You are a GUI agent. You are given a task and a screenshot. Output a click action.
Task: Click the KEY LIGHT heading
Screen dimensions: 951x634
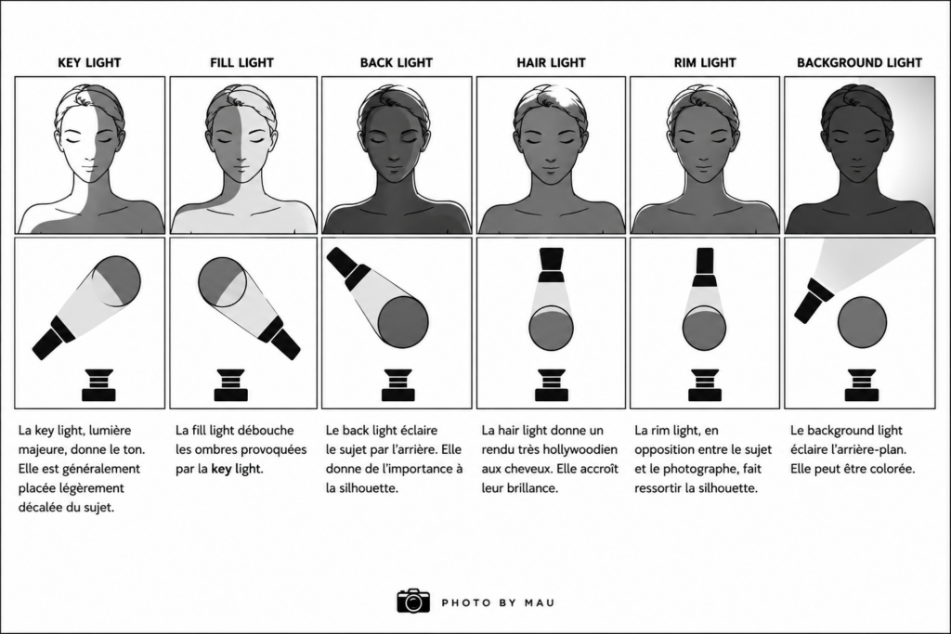click(89, 62)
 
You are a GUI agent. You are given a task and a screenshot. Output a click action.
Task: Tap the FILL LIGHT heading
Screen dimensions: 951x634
click(242, 62)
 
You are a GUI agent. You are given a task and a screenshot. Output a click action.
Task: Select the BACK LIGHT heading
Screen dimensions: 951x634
click(396, 62)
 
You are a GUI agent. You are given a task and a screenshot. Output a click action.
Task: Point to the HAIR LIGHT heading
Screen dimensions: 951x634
click(551, 62)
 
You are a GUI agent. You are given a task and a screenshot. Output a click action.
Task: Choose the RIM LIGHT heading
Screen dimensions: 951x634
click(705, 62)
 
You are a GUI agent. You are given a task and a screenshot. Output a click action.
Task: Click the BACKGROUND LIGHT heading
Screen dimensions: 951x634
click(859, 62)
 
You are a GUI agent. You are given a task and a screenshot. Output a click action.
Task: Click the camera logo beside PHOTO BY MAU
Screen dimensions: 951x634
click(413, 600)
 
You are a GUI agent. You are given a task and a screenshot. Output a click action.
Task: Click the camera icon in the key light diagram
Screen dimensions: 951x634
click(98, 385)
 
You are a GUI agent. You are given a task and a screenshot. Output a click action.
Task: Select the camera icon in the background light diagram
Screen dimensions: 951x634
click(861, 385)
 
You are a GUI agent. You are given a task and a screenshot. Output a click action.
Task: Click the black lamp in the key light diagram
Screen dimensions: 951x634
click(55, 337)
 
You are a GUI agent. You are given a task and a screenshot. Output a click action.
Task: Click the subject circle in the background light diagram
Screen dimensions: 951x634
click(862, 322)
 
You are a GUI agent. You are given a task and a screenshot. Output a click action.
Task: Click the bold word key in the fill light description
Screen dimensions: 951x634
click(221, 469)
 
